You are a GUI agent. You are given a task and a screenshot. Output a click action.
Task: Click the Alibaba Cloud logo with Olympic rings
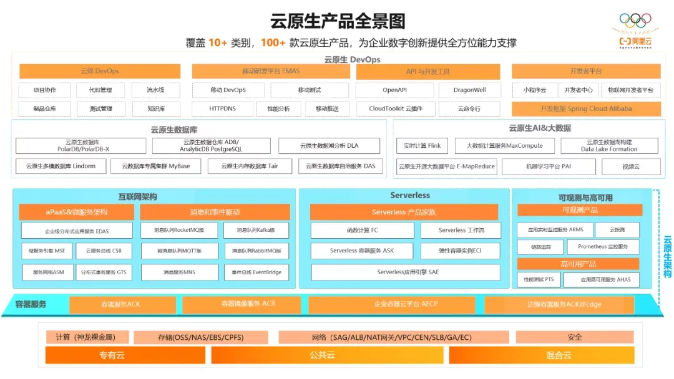pos(635,30)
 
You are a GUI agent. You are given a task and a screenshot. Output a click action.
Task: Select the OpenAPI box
pos(394,90)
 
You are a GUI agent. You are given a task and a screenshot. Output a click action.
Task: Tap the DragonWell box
pos(469,90)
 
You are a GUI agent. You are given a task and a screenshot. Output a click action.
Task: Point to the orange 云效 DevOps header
pos(100,71)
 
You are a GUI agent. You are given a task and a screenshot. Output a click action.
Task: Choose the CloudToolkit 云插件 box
pos(395,108)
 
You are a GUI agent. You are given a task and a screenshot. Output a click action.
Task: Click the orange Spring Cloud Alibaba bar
pos(586,108)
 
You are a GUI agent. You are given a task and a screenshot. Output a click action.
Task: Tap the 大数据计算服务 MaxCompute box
pos(504,146)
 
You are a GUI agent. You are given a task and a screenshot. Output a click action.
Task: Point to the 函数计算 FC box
pos(362,230)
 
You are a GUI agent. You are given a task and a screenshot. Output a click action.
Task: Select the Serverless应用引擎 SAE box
pos(408,272)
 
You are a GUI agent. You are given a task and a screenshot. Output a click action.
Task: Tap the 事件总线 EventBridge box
pos(256,272)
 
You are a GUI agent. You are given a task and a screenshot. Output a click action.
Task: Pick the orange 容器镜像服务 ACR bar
pos(239,304)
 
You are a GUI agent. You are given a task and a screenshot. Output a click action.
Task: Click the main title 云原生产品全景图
pos(338,21)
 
